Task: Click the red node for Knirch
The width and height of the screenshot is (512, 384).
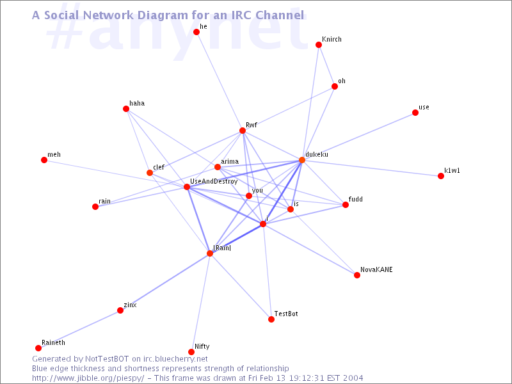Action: click(319, 45)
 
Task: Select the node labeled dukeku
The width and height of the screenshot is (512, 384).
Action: click(302, 160)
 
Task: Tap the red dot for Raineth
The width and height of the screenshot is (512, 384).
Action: click(38, 348)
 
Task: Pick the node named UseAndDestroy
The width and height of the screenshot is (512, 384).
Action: click(187, 187)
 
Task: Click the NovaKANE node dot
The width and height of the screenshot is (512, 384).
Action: click(357, 275)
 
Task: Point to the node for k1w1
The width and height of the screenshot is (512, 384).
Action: click(441, 176)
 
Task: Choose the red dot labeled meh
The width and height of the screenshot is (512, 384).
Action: click(44, 160)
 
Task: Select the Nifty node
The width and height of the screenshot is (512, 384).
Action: click(191, 352)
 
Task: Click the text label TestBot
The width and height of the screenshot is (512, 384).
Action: click(286, 314)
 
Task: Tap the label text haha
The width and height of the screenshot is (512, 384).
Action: click(137, 103)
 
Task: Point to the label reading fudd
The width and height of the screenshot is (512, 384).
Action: click(356, 199)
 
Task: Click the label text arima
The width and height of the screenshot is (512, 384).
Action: click(230, 161)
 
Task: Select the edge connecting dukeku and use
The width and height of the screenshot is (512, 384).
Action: click(358, 136)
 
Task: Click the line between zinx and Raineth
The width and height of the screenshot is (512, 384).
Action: click(79, 329)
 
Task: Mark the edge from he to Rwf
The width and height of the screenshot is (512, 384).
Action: click(220, 81)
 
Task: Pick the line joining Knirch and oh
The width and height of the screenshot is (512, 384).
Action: click(326, 66)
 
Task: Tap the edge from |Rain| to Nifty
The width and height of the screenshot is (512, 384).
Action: click(200, 303)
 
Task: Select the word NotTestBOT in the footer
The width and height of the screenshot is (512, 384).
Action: click(107, 359)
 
